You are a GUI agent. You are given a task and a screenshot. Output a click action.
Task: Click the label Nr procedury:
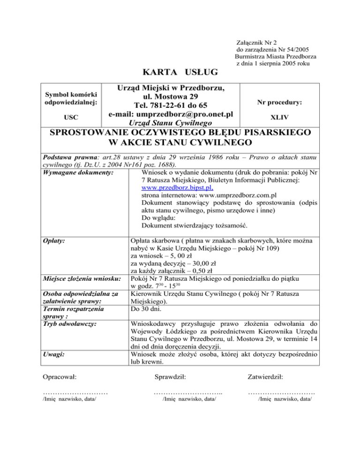click(x=279, y=102)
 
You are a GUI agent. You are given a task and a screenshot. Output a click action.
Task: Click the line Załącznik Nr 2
click(x=257, y=42)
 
